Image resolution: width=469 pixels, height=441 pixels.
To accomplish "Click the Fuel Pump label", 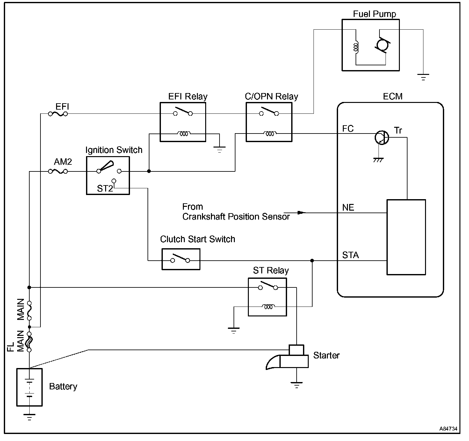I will tap(374, 14).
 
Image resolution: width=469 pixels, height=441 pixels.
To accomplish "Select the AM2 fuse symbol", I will tap(58, 171).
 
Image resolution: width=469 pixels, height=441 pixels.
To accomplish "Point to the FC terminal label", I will tap(348, 129).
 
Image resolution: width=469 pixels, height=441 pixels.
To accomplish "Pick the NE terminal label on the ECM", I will tap(348, 208).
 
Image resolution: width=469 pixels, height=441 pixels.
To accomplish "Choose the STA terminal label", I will tap(350, 255).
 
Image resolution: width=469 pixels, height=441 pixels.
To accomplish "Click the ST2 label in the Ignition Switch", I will tap(105, 189).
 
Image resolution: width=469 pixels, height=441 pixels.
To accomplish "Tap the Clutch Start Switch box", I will tap(181, 260).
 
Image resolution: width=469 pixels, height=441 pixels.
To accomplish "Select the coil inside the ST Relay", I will tap(269, 307).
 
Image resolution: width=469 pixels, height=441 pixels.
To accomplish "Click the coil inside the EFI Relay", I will tap(184, 134).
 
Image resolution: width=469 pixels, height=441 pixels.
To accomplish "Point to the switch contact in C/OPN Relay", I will tap(269, 112).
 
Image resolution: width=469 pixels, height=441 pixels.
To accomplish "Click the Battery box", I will tap(29, 387).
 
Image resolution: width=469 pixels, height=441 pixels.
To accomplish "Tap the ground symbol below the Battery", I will tap(29, 417).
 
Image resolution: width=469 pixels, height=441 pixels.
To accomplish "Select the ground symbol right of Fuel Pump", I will tap(423, 77).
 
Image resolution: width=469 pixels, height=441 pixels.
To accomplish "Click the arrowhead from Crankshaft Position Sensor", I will tap(301, 213).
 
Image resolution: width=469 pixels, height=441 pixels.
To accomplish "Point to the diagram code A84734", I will tap(448, 429).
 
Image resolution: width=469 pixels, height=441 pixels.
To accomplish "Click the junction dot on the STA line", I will tap(312, 261).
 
